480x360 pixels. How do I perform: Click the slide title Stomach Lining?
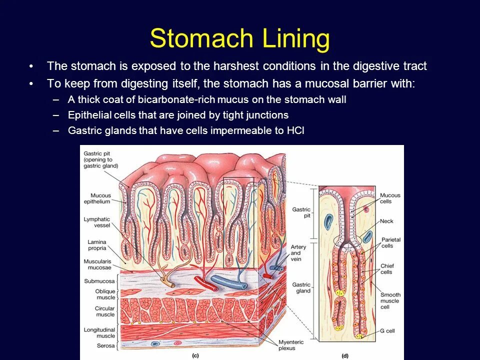(x=239, y=38)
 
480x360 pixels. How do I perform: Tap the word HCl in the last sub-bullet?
(x=295, y=130)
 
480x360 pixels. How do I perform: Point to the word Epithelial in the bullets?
(x=89, y=115)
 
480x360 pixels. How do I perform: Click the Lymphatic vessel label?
(x=97, y=222)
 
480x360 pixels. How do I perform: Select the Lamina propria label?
(x=96, y=245)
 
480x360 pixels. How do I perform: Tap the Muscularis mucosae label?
(x=97, y=264)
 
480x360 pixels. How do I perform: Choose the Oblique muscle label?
(x=105, y=294)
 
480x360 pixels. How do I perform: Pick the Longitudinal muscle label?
(x=99, y=332)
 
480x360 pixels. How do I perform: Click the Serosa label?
(x=105, y=345)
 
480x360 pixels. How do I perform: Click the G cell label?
(x=387, y=330)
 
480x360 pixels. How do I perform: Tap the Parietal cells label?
(x=390, y=242)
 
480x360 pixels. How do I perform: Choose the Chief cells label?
(x=386, y=268)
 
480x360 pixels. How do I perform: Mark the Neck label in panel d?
(x=386, y=221)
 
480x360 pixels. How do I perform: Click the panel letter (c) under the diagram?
(x=195, y=355)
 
